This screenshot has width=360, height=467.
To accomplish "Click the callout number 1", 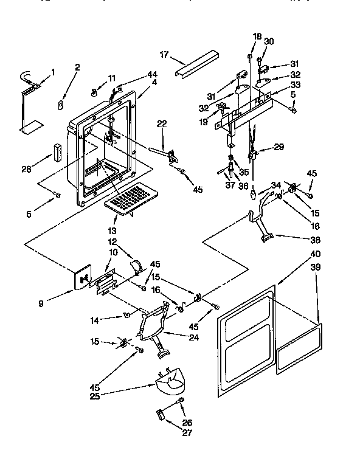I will click(52, 72).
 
